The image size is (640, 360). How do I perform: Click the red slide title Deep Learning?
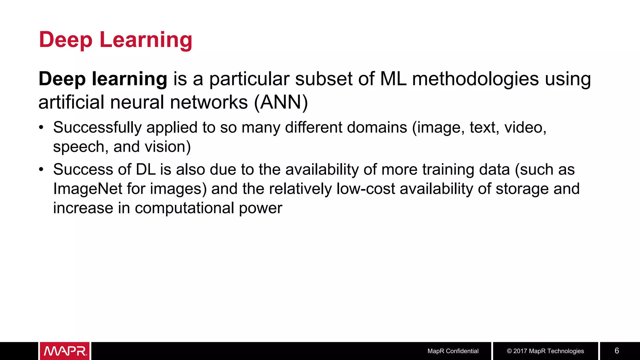(115, 40)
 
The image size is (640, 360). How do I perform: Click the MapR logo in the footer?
(65, 351)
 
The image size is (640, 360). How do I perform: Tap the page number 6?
(617, 351)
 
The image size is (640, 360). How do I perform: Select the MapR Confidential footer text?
(453, 351)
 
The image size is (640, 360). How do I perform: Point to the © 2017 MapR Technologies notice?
(545, 351)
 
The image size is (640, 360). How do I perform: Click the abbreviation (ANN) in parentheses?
(281, 102)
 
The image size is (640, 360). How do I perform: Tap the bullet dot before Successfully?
(41, 127)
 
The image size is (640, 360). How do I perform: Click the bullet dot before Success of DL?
(41, 170)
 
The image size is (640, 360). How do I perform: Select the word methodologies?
(475, 79)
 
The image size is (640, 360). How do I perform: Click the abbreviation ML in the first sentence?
(393, 79)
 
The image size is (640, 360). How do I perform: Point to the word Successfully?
(97, 128)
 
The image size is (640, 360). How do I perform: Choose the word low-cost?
(366, 189)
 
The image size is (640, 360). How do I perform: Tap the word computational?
(184, 208)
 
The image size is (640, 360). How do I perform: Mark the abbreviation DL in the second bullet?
(146, 170)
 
